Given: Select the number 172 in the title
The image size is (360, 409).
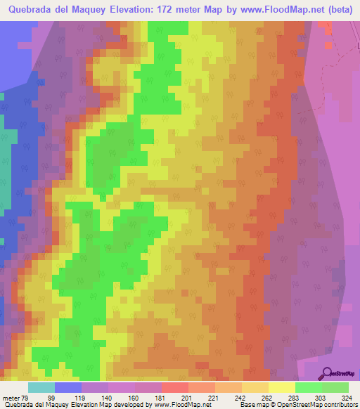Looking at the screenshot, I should [191, 10].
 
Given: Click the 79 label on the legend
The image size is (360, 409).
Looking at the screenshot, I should [29, 398].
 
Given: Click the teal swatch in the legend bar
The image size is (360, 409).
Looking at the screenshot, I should [41, 387].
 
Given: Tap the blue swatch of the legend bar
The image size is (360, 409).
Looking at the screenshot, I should [68, 387].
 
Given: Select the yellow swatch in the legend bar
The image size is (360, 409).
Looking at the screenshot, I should [282, 387].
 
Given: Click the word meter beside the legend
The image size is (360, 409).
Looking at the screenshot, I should [11, 398].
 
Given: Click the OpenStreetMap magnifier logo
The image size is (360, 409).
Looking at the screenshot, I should [328, 373].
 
